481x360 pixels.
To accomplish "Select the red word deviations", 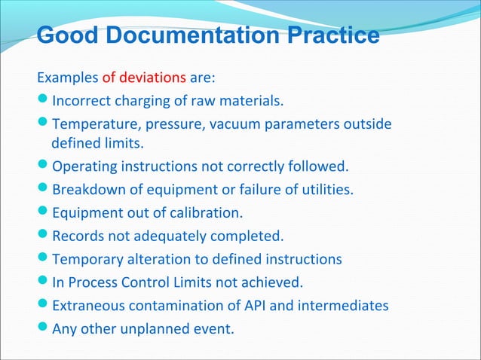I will click(150, 77).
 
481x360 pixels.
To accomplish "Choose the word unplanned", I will click(155, 330).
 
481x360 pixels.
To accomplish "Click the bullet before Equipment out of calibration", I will click(44, 212).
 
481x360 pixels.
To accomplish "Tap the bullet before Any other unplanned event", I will click(44, 329).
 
